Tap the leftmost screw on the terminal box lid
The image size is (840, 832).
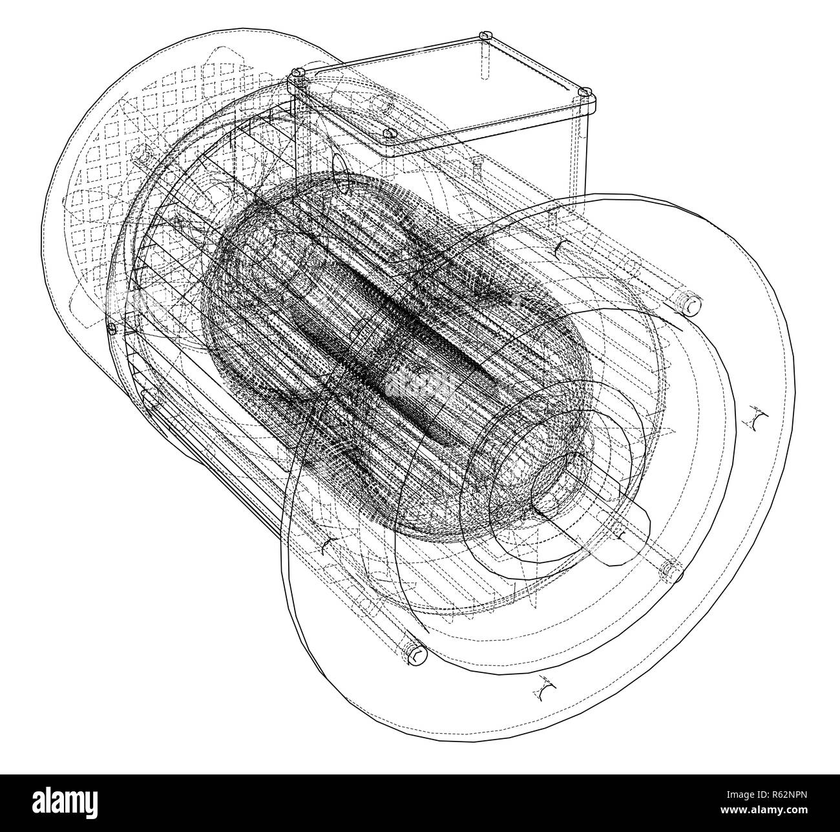pos(298,76)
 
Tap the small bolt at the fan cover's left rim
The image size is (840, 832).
pos(111,328)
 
